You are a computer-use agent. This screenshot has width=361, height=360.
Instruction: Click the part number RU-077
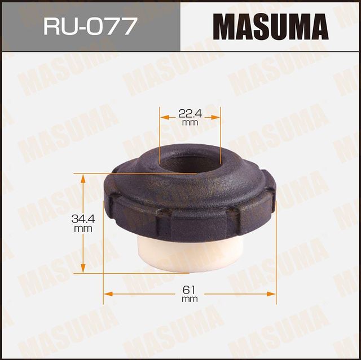pyautogui.click(x=90, y=26)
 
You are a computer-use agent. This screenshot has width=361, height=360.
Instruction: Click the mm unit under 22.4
pyautogui.click(x=190, y=122)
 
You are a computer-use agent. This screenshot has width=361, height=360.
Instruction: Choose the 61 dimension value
pyautogui.click(x=190, y=290)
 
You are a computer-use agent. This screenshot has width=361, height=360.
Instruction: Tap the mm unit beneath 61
pyautogui.click(x=190, y=299)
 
